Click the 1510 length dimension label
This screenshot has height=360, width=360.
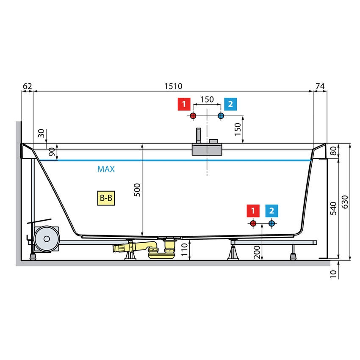point(173,86)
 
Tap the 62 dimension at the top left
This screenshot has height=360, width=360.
point(28,86)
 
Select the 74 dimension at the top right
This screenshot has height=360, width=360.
point(320,86)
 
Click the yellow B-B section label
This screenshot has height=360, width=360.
point(106,198)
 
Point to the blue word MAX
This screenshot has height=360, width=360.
point(106,169)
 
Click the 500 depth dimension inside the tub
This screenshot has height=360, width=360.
point(137,190)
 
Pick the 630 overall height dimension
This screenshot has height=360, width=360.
point(345,202)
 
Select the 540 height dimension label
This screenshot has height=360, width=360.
point(333,208)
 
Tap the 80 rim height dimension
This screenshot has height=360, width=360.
point(333,151)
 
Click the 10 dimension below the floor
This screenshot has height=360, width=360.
point(333,274)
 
